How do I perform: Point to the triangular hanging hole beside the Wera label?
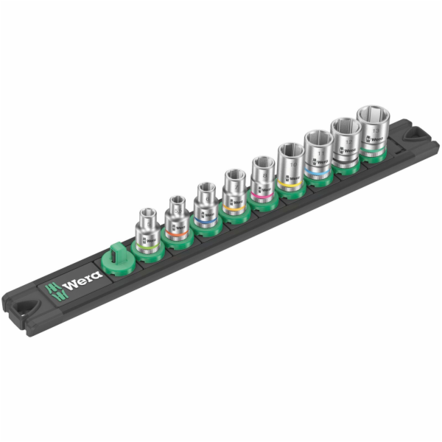tap(27, 304)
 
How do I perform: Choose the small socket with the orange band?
tap(178, 218)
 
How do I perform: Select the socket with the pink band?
tap(262, 179)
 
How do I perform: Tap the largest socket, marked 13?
tap(375, 128)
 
